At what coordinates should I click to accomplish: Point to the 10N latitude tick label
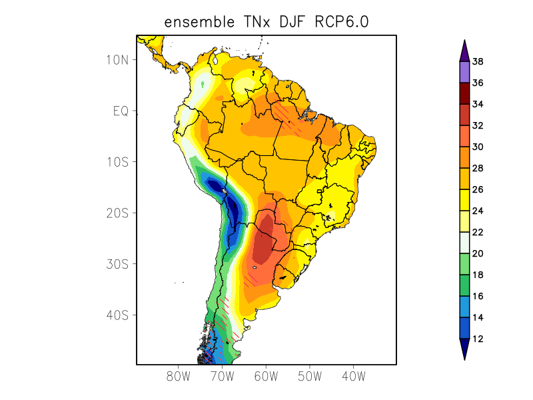tap(117, 59)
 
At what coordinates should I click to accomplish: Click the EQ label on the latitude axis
tap(120, 111)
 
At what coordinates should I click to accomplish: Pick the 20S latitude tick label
tap(117, 213)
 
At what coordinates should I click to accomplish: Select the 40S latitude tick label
tap(117, 315)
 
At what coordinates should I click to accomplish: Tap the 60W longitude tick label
tap(266, 376)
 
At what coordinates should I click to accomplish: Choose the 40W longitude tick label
tap(353, 376)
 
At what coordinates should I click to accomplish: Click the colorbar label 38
tap(478, 62)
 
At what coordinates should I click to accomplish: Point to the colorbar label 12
tap(478, 339)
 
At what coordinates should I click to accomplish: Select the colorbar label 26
tap(478, 189)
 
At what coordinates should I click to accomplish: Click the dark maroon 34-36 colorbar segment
tap(464, 93)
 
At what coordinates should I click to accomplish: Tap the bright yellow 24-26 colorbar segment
tap(464, 200)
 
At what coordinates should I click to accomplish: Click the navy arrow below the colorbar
tap(464, 348)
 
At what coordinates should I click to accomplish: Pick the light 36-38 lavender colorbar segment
tap(464, 72)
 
